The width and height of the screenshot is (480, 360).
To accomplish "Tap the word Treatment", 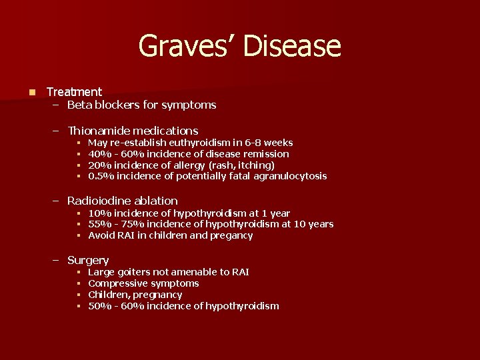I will pos(74,92).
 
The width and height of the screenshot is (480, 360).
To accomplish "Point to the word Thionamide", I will pos(99,131).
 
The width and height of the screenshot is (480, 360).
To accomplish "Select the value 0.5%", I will pos(100,176).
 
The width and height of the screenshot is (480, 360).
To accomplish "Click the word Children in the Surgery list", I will pos(109,295).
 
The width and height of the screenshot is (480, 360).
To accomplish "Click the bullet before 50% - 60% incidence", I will pos(78,306).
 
